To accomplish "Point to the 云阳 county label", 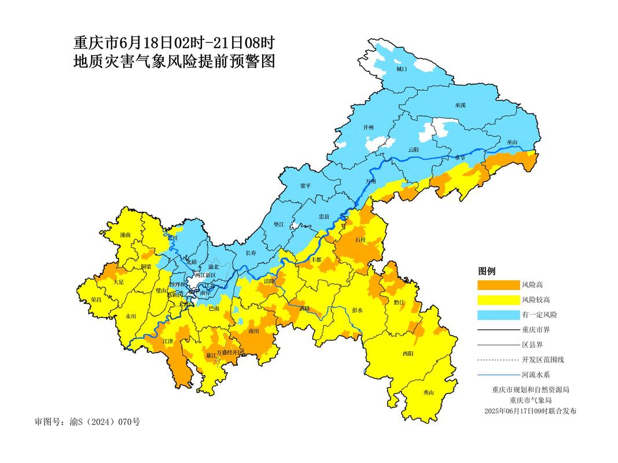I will click(x=413, y=149).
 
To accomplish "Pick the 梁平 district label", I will click(x=306, y=186).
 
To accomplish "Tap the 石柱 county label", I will click(x=360, y=238).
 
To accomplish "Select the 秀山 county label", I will click(x=429, y=392).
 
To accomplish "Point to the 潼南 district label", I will click(x=126, y=235).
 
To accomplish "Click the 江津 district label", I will click(x=168, y=341).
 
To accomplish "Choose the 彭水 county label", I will click(x=357, y=310).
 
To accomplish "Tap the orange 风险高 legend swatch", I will click(x=498, y=285).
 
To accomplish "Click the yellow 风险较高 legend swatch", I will click(x=498, y=300).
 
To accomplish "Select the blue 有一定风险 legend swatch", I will click(x=498, y=314).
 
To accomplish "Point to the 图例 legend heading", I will click(x=487, y=271).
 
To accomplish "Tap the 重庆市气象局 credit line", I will click(x=531, y=400).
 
